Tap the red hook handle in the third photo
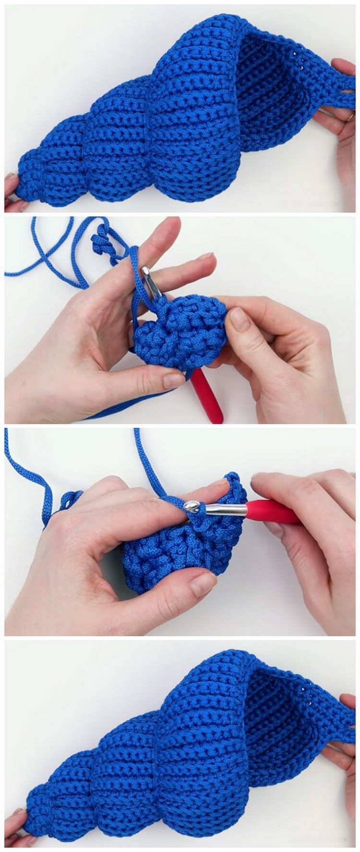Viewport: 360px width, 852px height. click(274, 512)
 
